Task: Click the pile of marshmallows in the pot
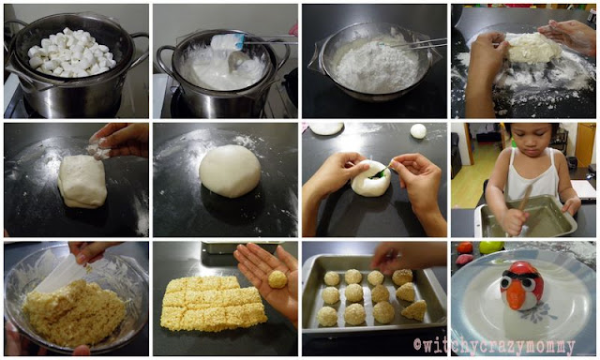(x=72, y=52)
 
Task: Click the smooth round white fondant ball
(x=230, y=171)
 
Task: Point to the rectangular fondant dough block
(x=82, y=181)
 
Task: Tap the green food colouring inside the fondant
(x=380, y=174)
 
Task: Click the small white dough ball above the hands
(x=418, y=131)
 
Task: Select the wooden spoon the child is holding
(x=523, y=208)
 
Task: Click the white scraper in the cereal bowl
(x=61, y=273)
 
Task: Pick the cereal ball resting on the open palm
(x=277, y=279)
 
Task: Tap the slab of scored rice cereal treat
(x=213, y=302)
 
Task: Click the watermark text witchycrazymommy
(x=494, y=347)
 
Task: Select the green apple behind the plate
(x=491, y=247)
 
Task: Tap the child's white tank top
(x=532, y=177)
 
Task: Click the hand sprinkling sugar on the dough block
(x=116, y=141)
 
